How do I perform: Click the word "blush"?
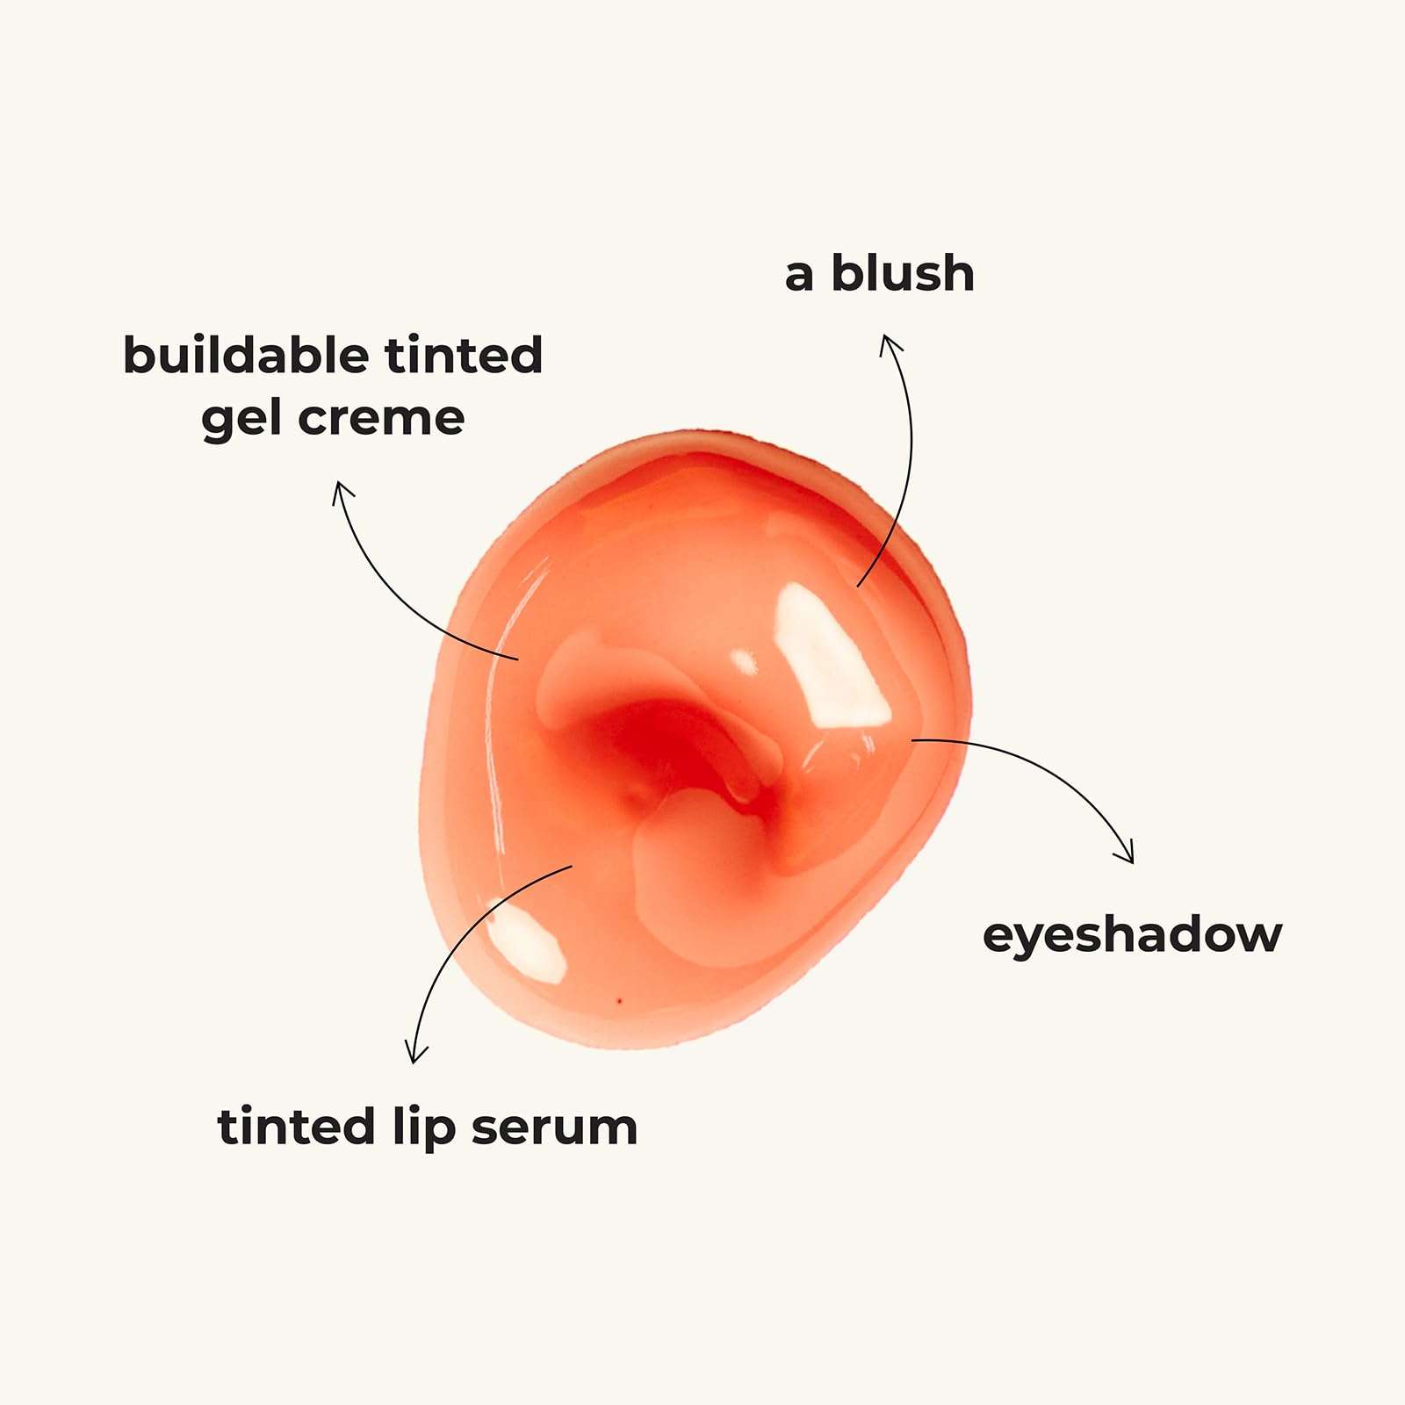pyautogui.click(x=903, y=273)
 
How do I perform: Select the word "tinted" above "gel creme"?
pyautogui.click(x=464, y=355)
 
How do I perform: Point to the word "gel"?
pyautogui.click(x=241, y=419)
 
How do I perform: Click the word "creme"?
pyautogui.click(x=381, y=419)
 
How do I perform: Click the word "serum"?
pyautogui.click(x=554, y=1128)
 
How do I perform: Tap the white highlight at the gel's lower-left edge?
pyautogui.click(x=526, y=941)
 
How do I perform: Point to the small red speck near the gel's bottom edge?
pyautogui.click(x=620, y=1001)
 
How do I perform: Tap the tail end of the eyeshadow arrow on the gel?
pyautogui.click(x=912, y=740)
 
